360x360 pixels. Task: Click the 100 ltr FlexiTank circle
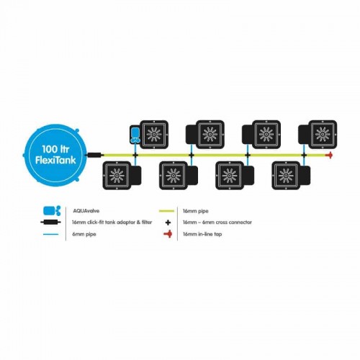[55, 156]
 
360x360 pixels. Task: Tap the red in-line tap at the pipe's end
[330, 156]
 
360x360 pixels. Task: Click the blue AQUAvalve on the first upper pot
[135, 135]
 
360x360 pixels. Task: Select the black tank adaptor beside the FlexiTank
[95, 155]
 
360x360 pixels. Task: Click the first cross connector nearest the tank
[135, 156]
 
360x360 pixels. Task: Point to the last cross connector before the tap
[304, 156]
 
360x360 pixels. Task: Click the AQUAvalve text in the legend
[86, 211]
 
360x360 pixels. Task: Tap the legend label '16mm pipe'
[196, 211]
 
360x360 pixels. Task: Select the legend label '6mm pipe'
[84, 234]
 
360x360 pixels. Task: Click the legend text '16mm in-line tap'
[202, 234]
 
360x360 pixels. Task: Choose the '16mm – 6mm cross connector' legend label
[217, 222]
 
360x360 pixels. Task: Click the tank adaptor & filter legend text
[112, 222]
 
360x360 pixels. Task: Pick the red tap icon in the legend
[168, 234]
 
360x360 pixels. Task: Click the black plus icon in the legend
[168, 222]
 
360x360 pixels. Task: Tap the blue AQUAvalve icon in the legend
[52, 211]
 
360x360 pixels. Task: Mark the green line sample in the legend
[166, 211]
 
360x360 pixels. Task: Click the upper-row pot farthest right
[318, 135]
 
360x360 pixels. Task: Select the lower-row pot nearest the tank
[122, 176]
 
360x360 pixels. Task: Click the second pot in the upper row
[205, 135]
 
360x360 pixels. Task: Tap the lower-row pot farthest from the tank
[291, 176]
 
